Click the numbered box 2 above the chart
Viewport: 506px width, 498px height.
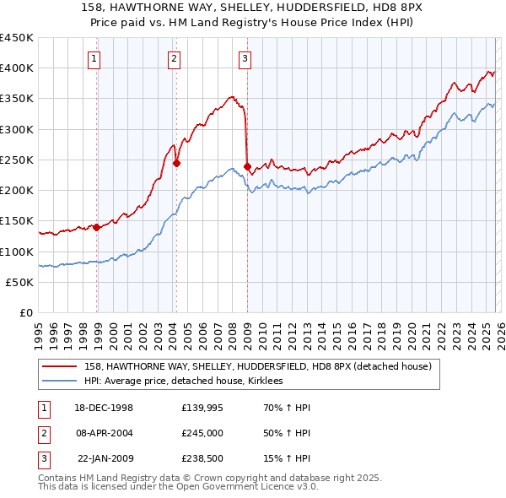click(173, 58)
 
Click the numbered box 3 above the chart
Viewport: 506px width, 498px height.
click(244, 58)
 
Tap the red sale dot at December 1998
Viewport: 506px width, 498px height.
click(97, 227)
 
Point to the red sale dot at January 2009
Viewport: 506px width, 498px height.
click(247, 166)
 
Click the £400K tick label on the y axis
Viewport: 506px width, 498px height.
click(17, 68)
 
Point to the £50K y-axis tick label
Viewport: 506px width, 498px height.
click(20, 283)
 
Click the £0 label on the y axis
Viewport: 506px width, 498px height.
click(26, 313)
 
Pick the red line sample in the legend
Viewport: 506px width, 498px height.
click(61, 366)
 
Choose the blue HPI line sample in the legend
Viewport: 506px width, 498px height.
click(61, 382)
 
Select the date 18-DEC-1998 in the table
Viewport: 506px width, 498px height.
click(105, 408)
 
